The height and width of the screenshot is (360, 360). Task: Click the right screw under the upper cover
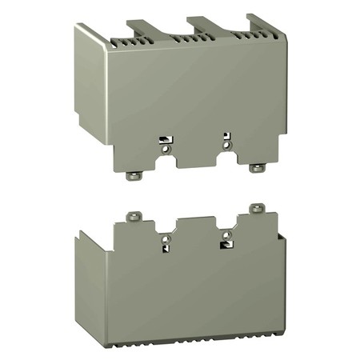(255, 168)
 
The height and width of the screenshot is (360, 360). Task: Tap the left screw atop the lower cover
(134, 216)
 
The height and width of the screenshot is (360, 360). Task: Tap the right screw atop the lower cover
(256, 208)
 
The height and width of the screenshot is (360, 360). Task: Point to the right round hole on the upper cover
(227, 145)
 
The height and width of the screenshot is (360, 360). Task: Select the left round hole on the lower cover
(166, 238)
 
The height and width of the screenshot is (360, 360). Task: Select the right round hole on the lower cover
(227, 234)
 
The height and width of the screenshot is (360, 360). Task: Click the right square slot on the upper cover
(227, 136)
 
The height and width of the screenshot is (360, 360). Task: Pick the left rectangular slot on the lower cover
(166, 248)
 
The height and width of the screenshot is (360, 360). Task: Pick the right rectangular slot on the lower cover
(224, 243)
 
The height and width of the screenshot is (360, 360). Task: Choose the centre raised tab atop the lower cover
(195, 224)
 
